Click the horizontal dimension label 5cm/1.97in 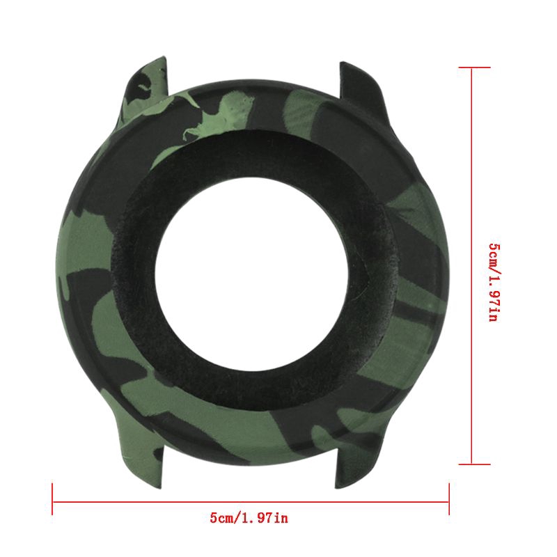pyautogui.click(x=249, y=518)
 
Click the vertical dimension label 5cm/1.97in pyautogui.click(x=494, y=283)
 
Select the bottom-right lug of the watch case pyautogui.click(x=359, y=462)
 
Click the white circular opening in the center pyautogui.click(x=251, y=272)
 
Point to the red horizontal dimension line pyautogui.click(x=251, y=502)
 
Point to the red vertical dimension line pyautogui.click(x=472, y=265)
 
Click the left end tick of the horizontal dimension pyautogui.click(x=52, y=499)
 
